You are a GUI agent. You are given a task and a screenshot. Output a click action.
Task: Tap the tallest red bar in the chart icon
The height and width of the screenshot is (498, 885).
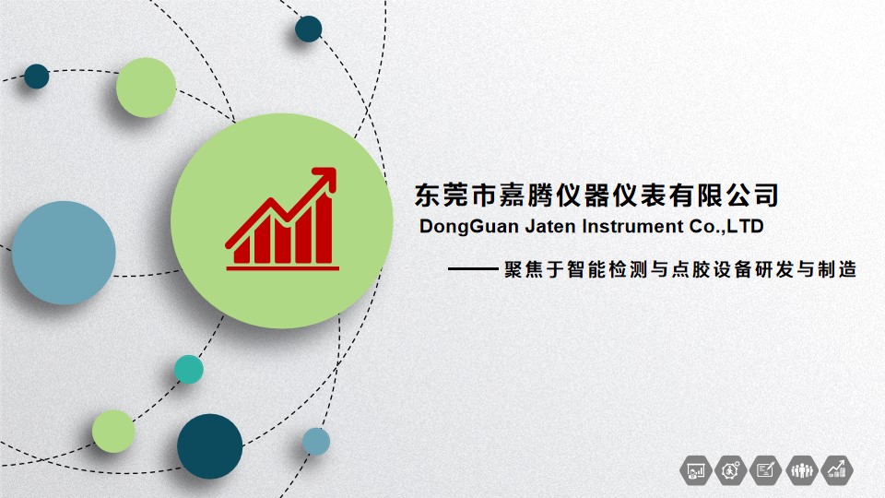point(324,228)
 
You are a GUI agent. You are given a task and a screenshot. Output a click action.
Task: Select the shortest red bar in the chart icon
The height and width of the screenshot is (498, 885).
point(242,251)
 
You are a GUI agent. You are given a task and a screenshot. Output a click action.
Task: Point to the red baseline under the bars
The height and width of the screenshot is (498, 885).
point(283,268)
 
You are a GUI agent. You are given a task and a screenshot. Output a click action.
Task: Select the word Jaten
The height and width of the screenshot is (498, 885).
point(550,227)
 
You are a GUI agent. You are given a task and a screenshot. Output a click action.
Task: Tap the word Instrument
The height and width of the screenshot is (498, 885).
point(632,227)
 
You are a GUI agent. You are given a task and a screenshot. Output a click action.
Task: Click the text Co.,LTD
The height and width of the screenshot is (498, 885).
point(726,227)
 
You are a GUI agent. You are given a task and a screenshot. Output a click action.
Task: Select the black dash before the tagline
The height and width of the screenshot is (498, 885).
point(473,269)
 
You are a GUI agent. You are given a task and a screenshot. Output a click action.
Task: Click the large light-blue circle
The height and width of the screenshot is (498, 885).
point(64,253)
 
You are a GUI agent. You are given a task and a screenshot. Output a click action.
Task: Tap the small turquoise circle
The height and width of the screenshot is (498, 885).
point(188,369)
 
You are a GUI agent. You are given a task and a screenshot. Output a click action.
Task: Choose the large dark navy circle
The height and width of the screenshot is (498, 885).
point(210,446)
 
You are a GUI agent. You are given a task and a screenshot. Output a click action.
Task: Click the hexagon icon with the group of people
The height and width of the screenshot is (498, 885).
point(801,469)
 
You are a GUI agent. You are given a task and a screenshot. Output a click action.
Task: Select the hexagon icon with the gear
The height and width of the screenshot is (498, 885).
point(731,469)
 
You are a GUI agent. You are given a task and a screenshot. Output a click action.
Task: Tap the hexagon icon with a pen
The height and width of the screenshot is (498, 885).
point(766,469)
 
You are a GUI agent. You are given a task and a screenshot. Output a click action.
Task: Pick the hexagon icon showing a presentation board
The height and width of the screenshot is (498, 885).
point(696,469)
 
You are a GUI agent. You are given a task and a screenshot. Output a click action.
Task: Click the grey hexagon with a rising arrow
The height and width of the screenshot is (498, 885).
point(836,469)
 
